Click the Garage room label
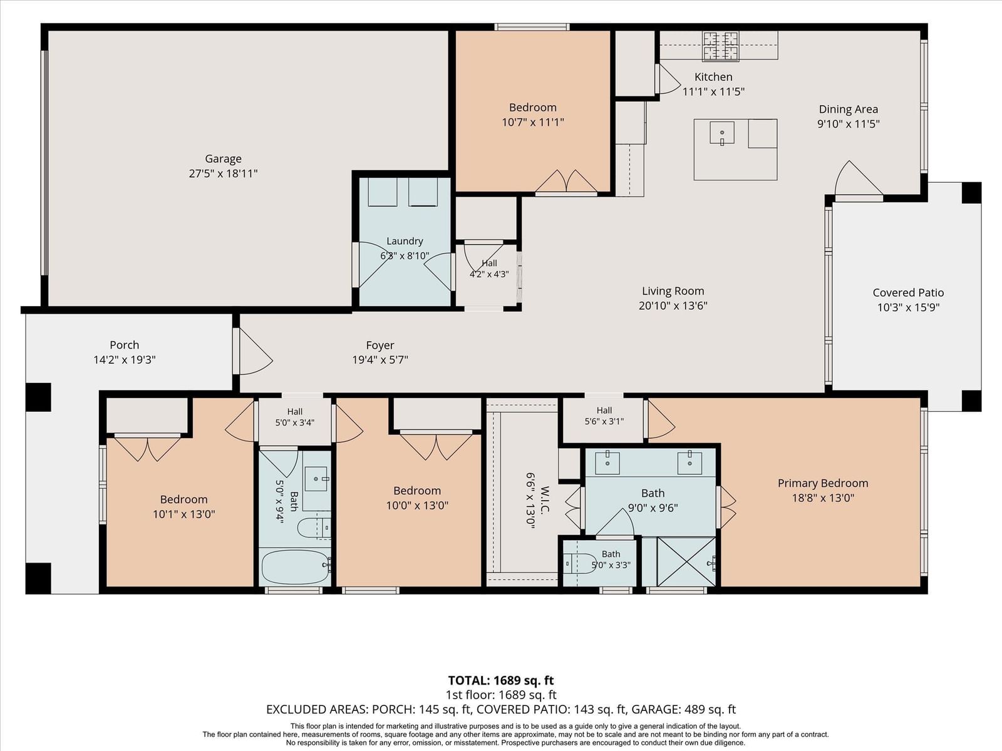point(223,159)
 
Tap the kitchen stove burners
point(720,46)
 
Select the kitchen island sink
point(721,133)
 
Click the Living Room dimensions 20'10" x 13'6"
point(673,305)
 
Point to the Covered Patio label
point(908,292)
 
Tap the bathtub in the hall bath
point(296,567)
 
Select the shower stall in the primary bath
point(686,562)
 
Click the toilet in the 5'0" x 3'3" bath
point(580,564)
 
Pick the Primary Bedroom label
point(823,483)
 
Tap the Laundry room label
point(405,241)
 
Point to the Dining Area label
point(848,109)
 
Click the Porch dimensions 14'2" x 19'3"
point(125,360)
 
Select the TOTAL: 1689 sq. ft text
point(501,680)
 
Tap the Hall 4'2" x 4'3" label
point(489,268)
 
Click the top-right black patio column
point(971,192)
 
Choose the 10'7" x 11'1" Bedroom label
point(533,115)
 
